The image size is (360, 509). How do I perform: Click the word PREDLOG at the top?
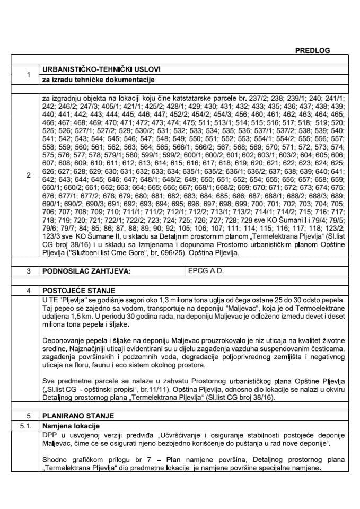tap(312, 50)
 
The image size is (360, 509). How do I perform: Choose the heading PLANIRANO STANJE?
tap(76, 416)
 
